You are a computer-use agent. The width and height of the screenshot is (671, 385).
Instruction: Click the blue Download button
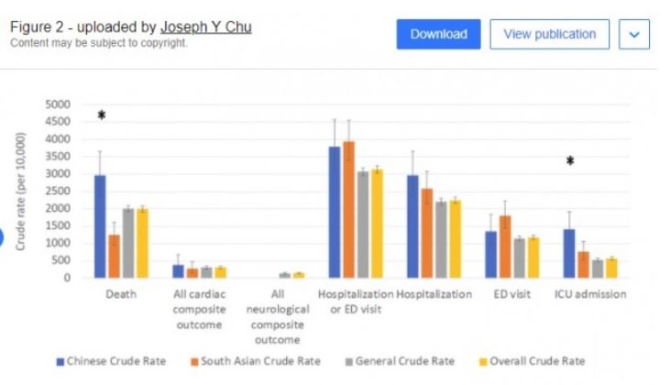coord(438,35)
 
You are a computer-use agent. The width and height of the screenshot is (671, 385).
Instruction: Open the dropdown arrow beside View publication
coord(634,35)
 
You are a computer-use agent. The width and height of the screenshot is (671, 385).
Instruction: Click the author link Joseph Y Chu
coord(206,27)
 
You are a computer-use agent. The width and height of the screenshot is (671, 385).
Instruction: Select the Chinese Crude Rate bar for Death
coord(100,225)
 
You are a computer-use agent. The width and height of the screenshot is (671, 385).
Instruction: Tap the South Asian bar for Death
coord(114,256)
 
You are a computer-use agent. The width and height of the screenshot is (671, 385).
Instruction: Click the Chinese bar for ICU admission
coord(569,253)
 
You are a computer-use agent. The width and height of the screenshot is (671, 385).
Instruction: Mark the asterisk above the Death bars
coord(102,115)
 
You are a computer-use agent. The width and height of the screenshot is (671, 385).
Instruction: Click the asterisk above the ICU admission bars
coord(570,162)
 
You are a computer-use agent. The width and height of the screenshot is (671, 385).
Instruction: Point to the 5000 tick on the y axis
coord(58,104)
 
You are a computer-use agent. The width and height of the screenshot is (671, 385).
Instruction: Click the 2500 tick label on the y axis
coord(58,191)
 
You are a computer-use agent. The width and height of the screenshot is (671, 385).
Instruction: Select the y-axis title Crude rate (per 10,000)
coord(20,191)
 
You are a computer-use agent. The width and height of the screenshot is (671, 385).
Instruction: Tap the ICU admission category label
coord(590,294)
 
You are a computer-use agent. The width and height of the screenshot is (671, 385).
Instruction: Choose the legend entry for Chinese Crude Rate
coord(112,361)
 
